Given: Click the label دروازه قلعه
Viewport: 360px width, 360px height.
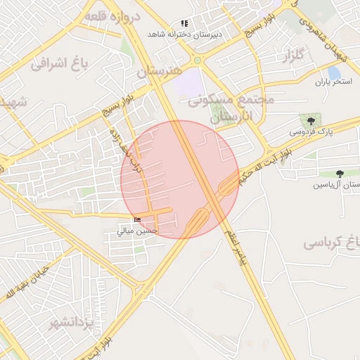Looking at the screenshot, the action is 112,15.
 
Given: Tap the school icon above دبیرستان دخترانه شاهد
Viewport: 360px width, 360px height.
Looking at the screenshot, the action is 184,23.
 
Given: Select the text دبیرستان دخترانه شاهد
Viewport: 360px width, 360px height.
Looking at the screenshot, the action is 184,34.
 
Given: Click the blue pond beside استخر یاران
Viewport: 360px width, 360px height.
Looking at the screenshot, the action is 334,72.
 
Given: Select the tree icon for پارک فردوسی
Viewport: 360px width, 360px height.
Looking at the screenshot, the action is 311,121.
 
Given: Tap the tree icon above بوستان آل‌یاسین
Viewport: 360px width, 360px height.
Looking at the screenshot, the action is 340,174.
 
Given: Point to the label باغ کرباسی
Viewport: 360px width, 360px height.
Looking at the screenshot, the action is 332,243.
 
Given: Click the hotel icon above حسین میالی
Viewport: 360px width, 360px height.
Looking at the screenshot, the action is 137,220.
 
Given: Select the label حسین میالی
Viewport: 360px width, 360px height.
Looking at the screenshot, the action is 138,231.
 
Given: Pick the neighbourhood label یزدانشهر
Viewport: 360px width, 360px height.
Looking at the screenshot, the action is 71,323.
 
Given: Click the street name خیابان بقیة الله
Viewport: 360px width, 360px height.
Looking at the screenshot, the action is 27,282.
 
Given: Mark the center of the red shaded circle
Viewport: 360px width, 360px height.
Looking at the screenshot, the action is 180,179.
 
